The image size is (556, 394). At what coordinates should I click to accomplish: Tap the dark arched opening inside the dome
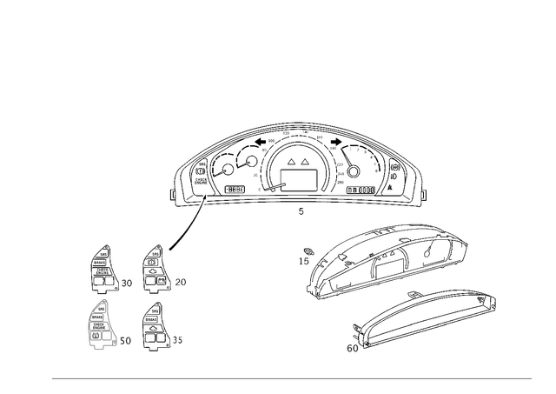pyautogui.click(x=298, y=174)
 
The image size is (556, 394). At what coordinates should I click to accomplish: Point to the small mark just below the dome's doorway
pyautogui.click(x=300, y=211)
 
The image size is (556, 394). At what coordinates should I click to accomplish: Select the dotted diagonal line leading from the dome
pyautogui.click(x=184, y=228)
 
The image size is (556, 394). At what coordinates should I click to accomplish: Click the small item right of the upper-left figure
pyautogui.click(x=127, y=282)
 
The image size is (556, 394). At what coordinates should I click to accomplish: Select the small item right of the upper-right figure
pyautogui.click(x=182, y=281)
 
